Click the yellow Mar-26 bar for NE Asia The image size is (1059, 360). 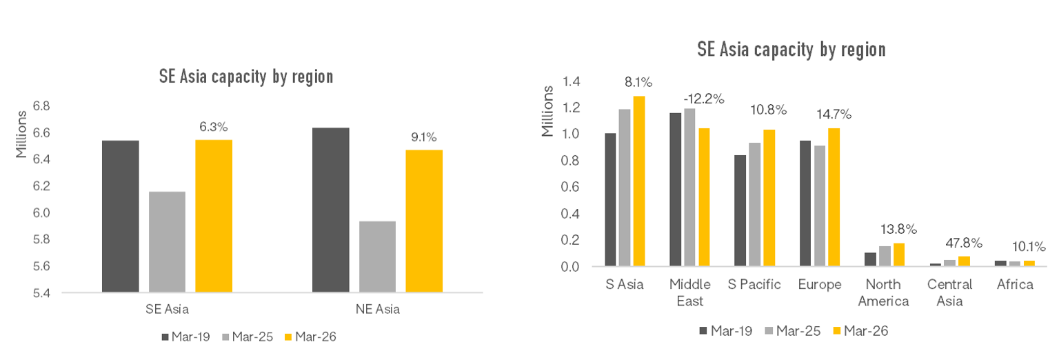coord(424,221)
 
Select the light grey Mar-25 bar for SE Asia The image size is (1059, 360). coord(167,241)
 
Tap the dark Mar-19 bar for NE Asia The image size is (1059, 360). coord(331,210)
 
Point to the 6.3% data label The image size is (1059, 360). coord(214,126)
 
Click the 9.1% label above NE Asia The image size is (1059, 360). coord(423,137)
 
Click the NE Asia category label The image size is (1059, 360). coord(377,310)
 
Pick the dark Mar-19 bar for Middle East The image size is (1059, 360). coord(675,189)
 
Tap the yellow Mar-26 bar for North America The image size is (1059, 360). coord(899,254)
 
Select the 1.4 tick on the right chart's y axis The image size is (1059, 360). coord(572,81)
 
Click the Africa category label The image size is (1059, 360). coord(1015,285)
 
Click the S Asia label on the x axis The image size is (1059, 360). coord(625,285)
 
